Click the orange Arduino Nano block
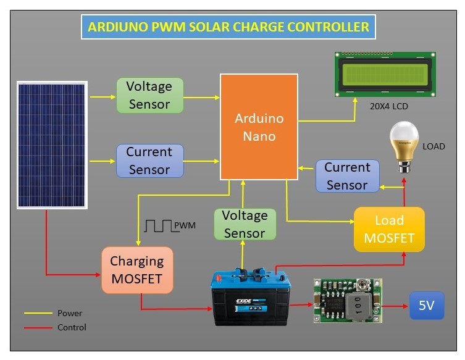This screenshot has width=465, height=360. click(x=259, y=127)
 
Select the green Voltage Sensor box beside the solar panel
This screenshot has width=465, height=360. click(x=150, y=96)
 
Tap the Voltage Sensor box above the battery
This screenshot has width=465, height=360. click(x=245, y=224)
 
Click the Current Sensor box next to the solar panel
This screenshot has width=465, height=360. click(x=150, y=161)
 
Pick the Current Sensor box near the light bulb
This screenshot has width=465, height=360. click(x=348, y=176)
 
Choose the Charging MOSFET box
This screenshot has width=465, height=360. click(x=137, y=270)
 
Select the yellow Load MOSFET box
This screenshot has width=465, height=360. click(x=389, y=230)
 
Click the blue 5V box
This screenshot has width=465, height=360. click(x=427, y=306)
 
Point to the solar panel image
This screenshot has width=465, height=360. click(x=52, y=145)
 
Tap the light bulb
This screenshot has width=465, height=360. click(x=404, y=146)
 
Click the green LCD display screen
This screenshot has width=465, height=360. click(x=385, y=74)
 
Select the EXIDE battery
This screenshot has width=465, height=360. click(x=251, y=296)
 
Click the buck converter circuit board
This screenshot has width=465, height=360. click(x=348, y=301)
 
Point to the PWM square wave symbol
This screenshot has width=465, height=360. click(x=158, y=226)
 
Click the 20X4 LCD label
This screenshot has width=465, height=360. click(x=389, y=106)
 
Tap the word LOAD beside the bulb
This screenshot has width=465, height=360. click(x=434, y=146)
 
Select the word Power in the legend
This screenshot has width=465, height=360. click(x=70, y=313)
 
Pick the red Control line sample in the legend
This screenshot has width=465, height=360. click(x=38, y=328)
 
